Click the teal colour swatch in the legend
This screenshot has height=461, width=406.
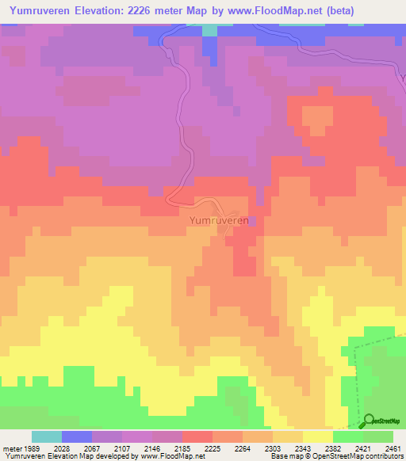tap(47, 436)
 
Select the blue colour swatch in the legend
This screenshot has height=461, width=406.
tap(77, 436)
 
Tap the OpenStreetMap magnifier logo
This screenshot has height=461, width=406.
tap(368, 420)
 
